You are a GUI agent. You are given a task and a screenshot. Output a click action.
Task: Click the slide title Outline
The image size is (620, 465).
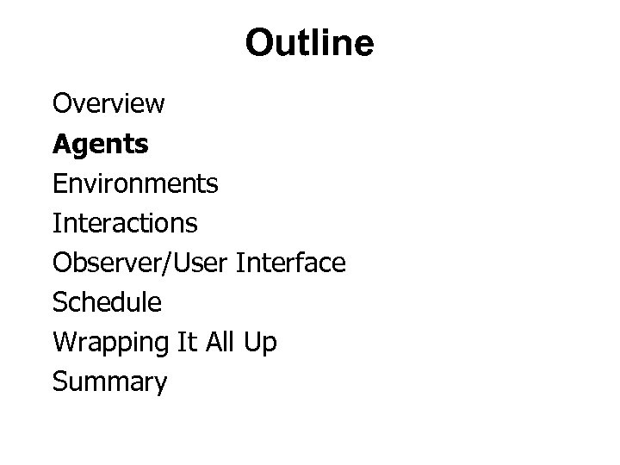coord(309,43)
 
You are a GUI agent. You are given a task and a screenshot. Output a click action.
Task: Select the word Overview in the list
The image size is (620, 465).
coord(108,104)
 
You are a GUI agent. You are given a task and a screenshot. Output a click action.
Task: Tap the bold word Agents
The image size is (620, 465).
coord(100,145)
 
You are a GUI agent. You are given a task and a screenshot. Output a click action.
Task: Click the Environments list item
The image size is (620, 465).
coord(135,183)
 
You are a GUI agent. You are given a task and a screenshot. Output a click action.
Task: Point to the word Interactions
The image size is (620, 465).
coord(125,223)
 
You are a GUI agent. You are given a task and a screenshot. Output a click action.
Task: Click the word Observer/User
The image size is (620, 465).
coord(139,263)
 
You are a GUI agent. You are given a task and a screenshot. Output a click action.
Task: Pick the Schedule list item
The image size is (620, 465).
coord(107,302)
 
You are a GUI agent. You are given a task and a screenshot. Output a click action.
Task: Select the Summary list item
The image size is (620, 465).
coord(109,381)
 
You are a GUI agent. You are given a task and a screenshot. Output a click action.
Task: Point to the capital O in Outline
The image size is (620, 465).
coord(257,44)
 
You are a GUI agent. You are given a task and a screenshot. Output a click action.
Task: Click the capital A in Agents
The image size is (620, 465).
coord(60,144)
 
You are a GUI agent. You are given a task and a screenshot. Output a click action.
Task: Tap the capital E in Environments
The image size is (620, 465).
coord(59,183)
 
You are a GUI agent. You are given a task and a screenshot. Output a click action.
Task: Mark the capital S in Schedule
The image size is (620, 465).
coord(59,302)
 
